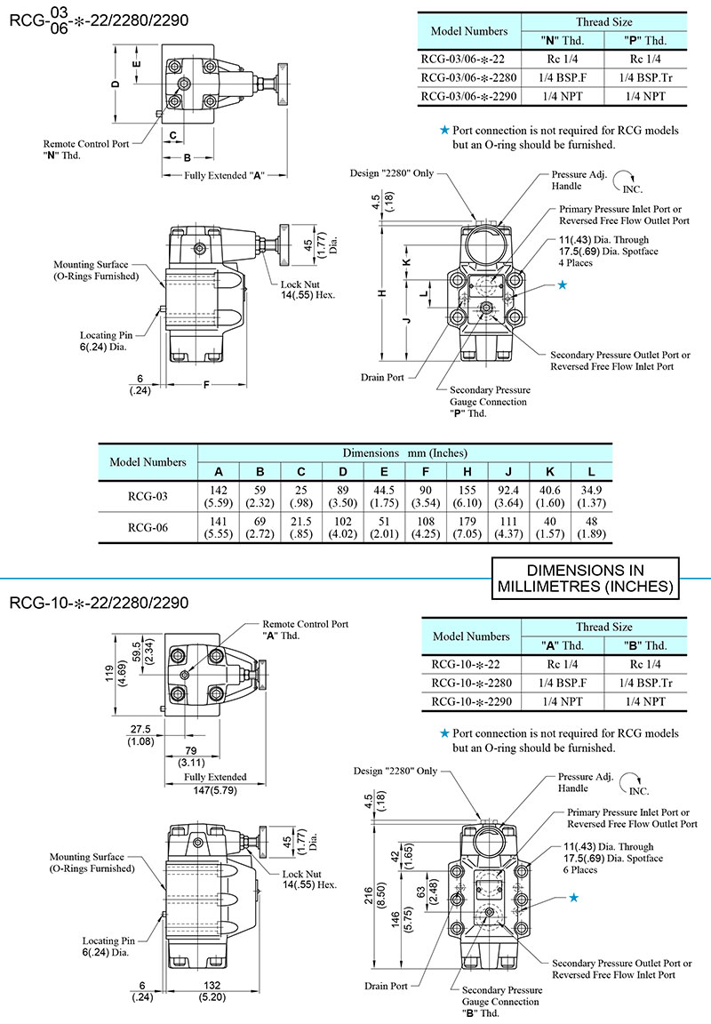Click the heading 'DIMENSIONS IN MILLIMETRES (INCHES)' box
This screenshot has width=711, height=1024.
[x=584, y=578]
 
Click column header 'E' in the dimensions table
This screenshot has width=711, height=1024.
[x=384, y=471]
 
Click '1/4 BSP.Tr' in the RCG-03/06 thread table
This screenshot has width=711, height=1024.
[x=645, y=77]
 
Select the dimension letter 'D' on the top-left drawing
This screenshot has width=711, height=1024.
[x=116, y=84]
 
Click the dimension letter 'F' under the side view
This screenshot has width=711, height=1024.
[x=206, y=385]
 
